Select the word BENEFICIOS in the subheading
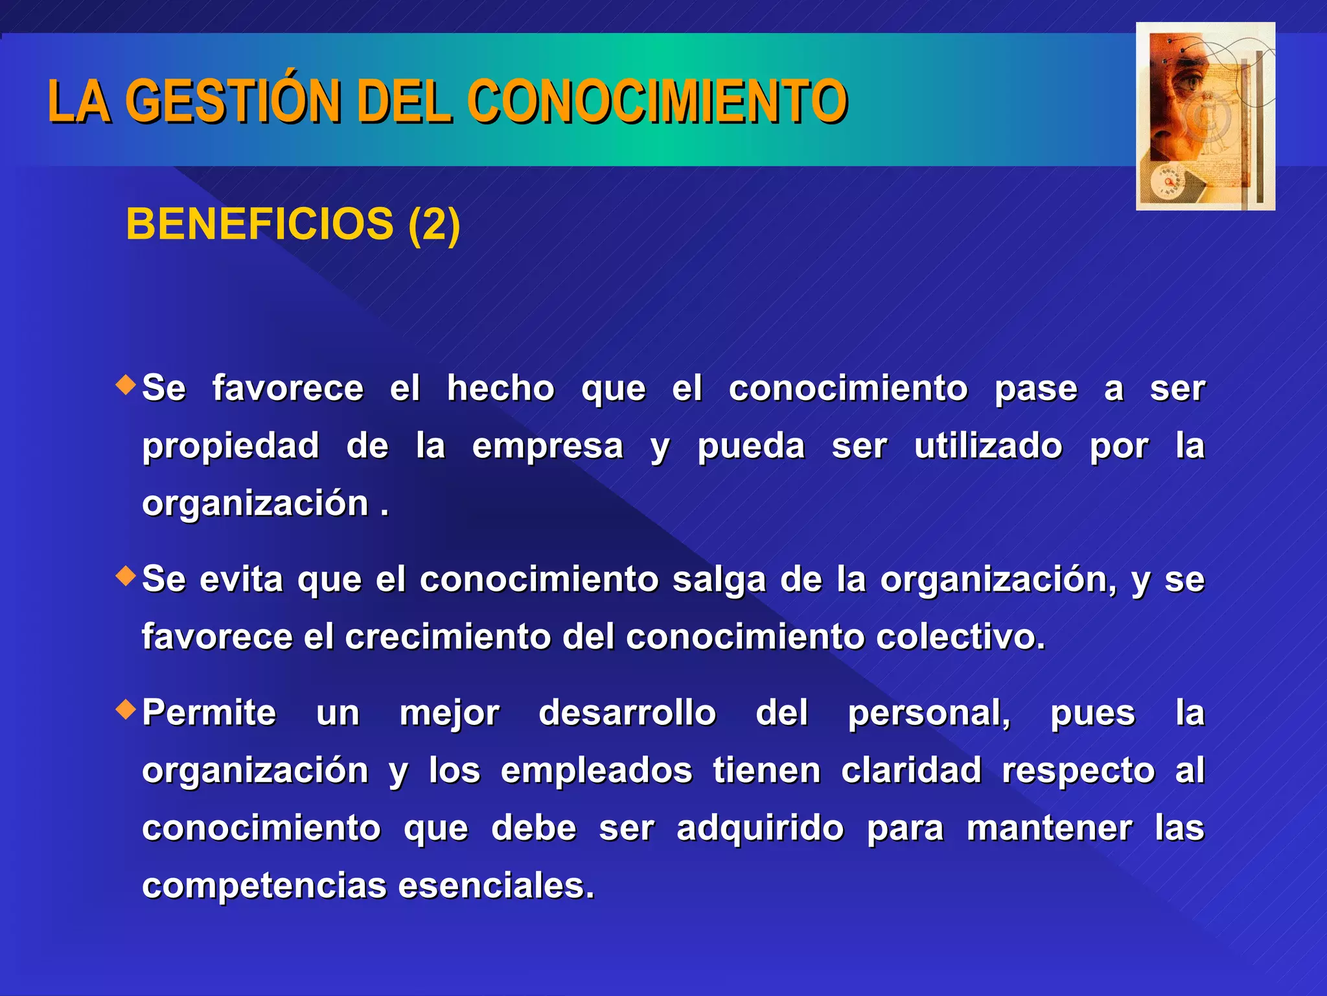[x=259, y=224]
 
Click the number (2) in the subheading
[x=434, y=224]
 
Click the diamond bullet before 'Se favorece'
[x=126, y=385]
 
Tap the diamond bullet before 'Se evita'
[x=126, y=576]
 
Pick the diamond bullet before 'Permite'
[x=126, y=709]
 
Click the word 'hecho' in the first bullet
[x=500, y=388]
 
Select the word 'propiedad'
[x=231, y=446]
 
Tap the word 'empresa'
[x=548, y=446]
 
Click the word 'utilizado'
[x=988, y=446]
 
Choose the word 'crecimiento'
[x=447, y=637]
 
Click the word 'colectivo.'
[x=961, y=637]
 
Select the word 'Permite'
[x=209, y=713]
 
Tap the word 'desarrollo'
[x=627, y=713]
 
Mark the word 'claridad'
[x=911, y=770]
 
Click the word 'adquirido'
[x=760, y=828]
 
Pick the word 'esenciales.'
[x=496, y=886]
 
